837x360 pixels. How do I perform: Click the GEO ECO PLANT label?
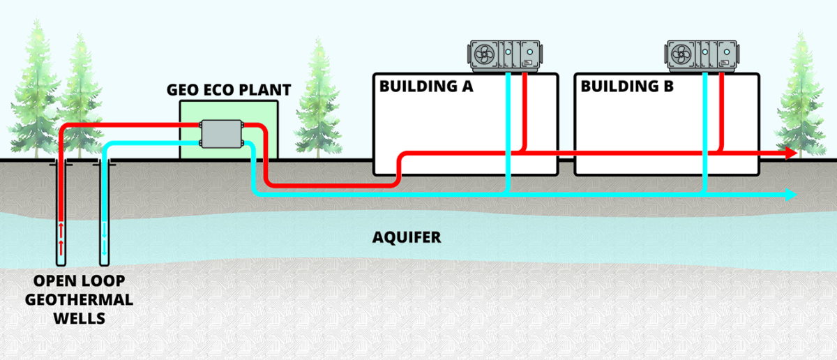(x=229, y=91)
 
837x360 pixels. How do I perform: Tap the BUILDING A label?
(x=426, y=87)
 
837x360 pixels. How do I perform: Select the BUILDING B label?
(x=627, y=87)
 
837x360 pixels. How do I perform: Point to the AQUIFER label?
(x=407, y=238)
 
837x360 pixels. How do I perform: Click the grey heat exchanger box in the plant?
(x=222, y=133)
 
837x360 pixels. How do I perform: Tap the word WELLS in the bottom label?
(x=82, y=319)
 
